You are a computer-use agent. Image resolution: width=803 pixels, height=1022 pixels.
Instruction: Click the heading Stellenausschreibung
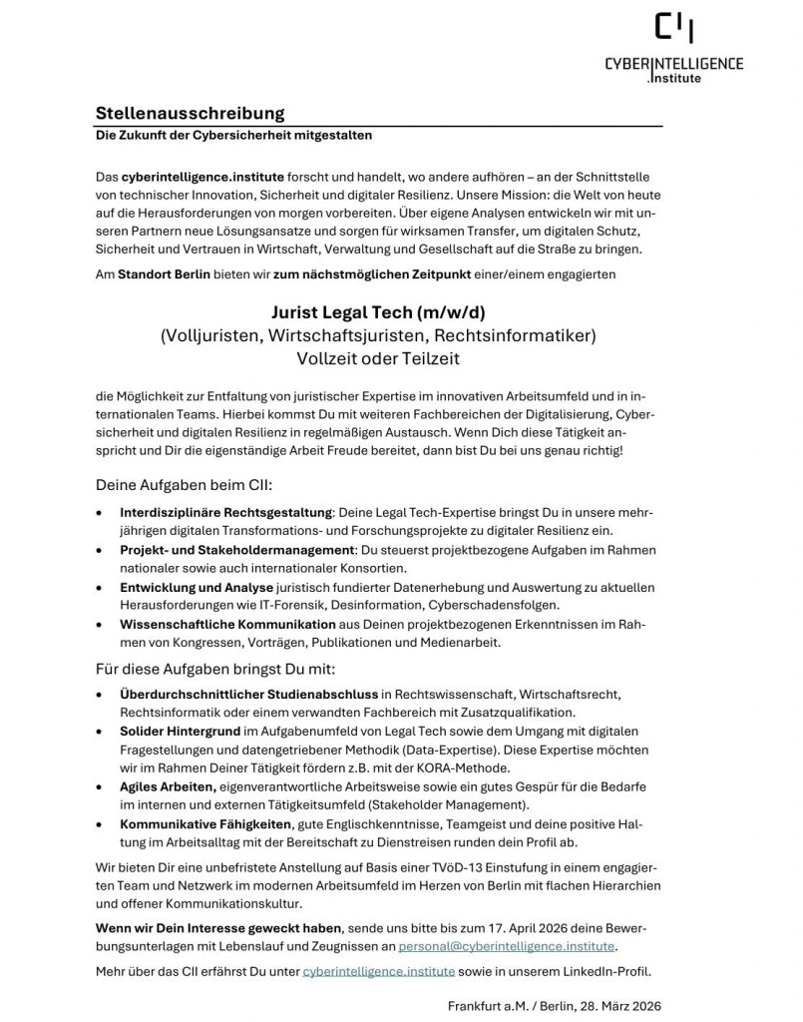(x=191, y=113)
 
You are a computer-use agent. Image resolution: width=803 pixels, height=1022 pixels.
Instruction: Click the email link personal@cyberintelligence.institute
(x=507, y=944)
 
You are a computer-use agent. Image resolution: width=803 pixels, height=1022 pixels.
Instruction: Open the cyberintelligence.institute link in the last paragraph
(x=378, y=971)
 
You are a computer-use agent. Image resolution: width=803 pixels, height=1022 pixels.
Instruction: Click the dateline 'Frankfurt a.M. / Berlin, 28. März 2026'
(x=554, y=1005)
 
